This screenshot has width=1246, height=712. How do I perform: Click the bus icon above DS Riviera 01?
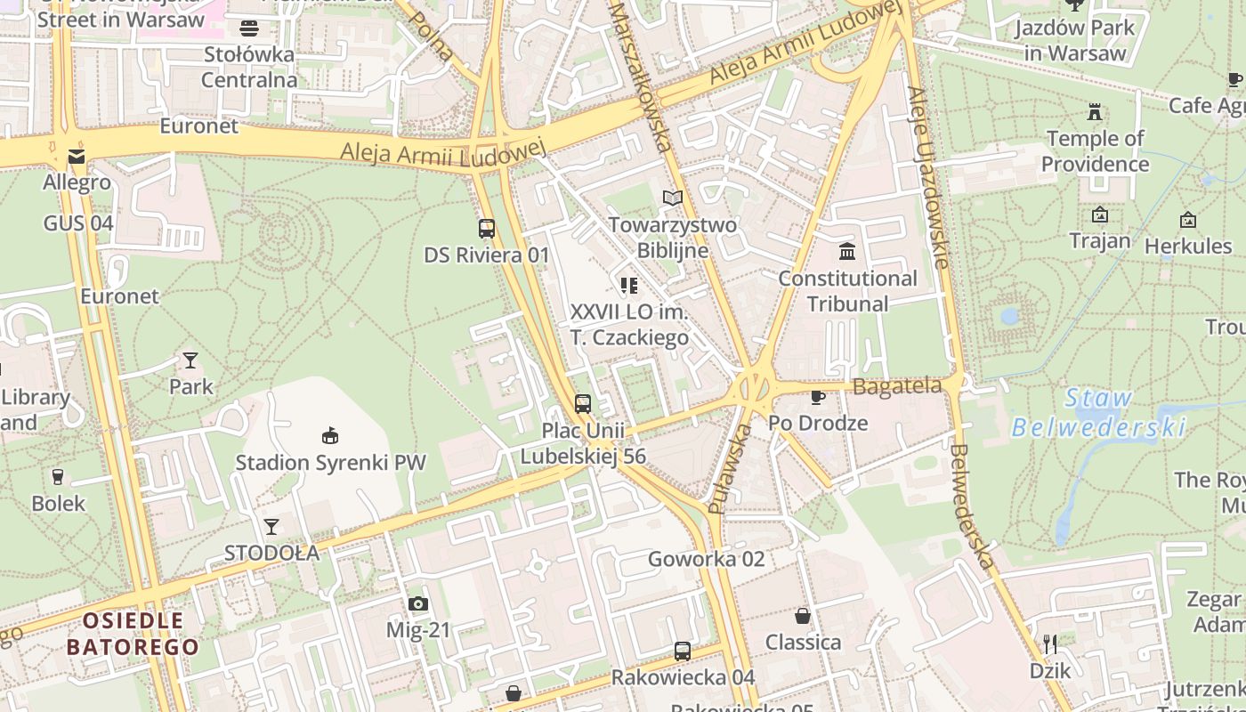click(486, 228)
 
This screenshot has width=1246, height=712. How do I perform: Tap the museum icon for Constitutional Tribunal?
click(847, 252)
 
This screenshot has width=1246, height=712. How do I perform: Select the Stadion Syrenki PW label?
click(330, 463)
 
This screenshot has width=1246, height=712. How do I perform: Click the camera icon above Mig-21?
click(417, 604)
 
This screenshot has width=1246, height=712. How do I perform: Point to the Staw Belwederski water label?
click(1097, 413)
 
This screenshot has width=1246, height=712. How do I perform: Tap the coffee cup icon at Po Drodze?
click(817, 397)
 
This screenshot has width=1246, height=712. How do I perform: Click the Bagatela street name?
click(897, 386)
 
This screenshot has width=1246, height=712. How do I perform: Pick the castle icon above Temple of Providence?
click(1095, 112)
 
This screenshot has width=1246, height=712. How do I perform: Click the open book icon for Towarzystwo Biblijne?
click(673, 198)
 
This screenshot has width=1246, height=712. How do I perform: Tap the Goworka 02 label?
click(706, 559)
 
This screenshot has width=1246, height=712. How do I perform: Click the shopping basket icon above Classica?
click(803, 616)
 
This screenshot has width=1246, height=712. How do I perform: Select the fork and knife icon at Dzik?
click(1050, 644)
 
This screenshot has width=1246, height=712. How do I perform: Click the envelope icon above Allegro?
click(77, 158)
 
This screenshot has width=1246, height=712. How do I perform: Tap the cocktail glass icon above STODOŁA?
click(271, 527)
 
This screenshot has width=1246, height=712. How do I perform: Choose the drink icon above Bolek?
click(58, 477)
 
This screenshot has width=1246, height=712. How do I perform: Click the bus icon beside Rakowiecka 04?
click(682, 651)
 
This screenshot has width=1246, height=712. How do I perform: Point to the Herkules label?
click(1187, 246)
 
